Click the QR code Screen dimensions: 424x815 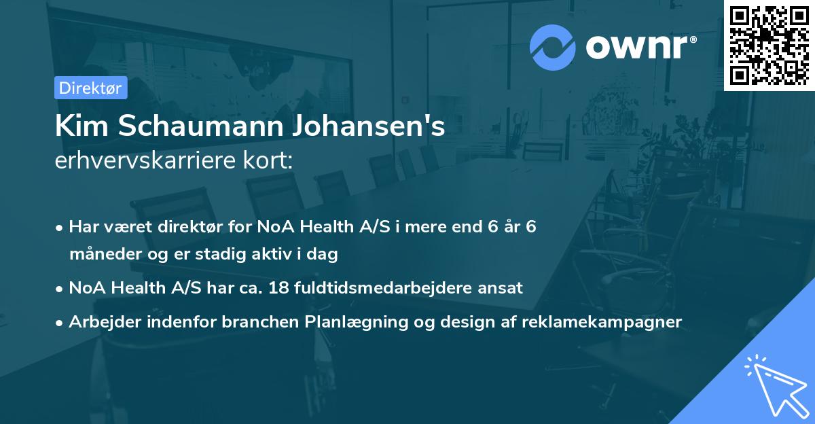pos(768,46)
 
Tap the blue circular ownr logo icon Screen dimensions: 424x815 pos(553,47)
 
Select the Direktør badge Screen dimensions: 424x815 pos(90,88)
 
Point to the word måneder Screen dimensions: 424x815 pos(101,254)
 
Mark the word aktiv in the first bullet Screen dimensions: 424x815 pos(279,254)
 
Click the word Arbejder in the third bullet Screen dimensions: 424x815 pos(101,321)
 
